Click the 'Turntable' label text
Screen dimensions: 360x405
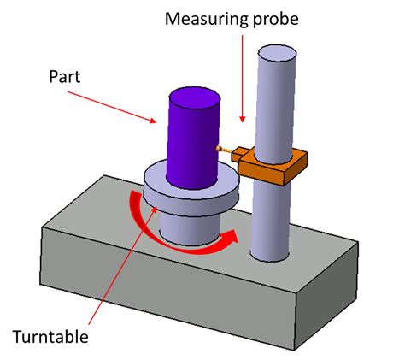pyautogui.click(x=50, y=336)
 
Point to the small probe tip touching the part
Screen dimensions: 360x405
pyautogui.click(x=221, y=149)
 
